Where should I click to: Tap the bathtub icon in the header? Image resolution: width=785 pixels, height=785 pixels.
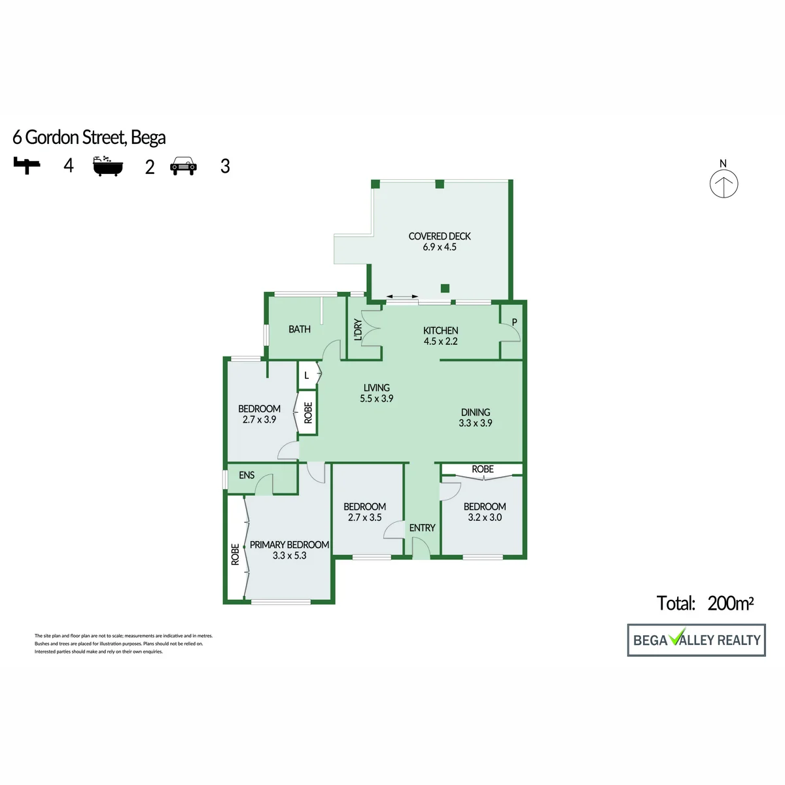tap(107, 166)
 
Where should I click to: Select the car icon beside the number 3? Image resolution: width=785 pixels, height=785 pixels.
tap(183, 166)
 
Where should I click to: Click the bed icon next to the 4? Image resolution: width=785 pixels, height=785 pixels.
tap(27, 166)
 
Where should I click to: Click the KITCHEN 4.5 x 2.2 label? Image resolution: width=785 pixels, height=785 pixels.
tap(440, 336)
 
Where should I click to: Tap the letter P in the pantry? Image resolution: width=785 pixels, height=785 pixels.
tap(514, 322)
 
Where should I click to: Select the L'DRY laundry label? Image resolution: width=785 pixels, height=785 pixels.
tap(358, 330)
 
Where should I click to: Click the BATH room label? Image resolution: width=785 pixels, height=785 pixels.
tap(300, 329)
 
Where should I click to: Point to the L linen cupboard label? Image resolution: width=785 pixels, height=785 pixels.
tap(306, 375)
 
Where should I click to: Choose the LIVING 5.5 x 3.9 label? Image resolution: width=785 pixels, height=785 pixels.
tap(376, 393)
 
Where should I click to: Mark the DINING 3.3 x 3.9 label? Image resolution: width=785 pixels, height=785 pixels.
tap(476, 417)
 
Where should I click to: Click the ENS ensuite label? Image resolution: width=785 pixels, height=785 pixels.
tap(247, 475)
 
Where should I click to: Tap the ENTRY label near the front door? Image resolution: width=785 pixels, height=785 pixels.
tap(422, 528)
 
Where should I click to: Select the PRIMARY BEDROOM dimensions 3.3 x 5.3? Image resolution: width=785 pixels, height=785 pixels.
tap(289, 555)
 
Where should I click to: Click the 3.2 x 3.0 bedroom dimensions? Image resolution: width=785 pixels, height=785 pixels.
tap(485, 517)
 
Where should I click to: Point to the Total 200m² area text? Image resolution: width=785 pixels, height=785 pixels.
tap(705, 603)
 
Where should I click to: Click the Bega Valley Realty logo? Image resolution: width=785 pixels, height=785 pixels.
tap(696, 640)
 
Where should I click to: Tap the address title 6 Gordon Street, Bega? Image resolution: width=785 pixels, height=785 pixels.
tap(89, 137)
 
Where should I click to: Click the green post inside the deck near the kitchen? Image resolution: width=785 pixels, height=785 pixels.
tap(445, 288)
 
